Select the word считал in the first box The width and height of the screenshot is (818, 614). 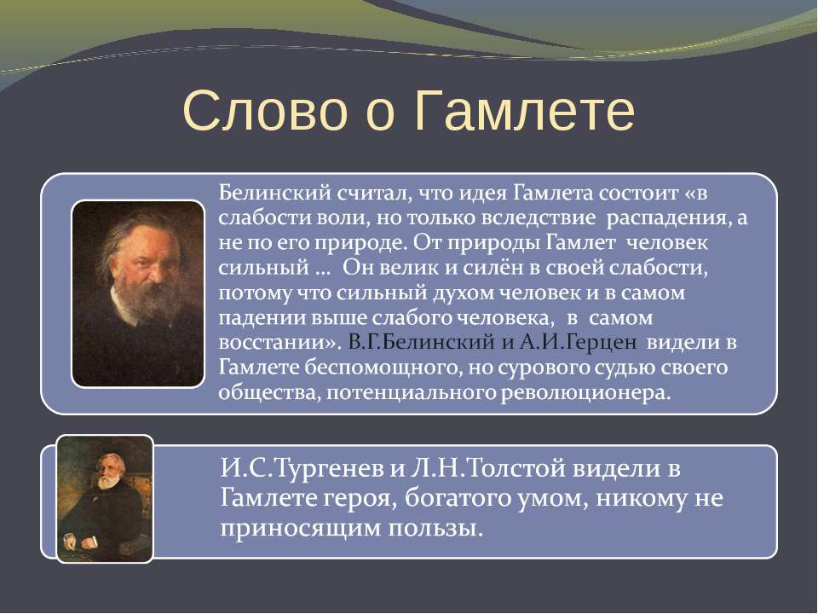tap(373, 194)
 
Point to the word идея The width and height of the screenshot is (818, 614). tap(483, 194)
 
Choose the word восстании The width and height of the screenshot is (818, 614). tap(277, 343)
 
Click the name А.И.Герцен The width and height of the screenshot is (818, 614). tap(578, 343)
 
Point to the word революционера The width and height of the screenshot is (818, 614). tap(585, 393)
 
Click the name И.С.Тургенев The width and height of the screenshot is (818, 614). tap(302, 468)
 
